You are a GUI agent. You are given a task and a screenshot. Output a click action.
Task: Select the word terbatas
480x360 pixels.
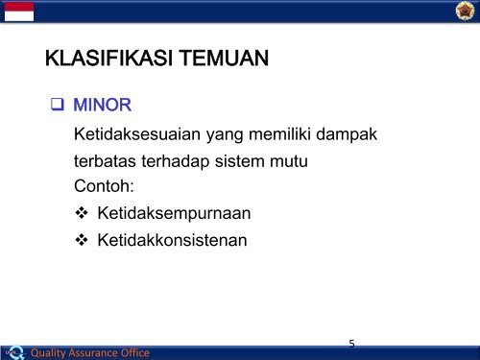click(x=108, y=162)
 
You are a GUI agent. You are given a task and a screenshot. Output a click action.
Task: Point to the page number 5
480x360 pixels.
click(x=352, y=342)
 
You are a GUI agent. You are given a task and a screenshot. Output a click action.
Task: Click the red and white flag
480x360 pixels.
click(x=18, y=11)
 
